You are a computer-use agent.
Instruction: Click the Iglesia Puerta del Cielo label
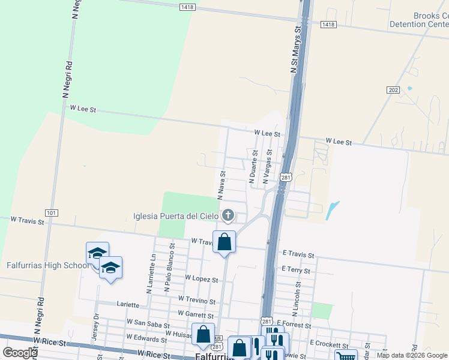click(x=175, y=215)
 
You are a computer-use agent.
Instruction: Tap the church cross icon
click(x=228, y=215)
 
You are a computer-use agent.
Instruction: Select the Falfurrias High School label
click(x=47, y=265)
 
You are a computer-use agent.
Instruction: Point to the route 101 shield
click(x=51, y=213)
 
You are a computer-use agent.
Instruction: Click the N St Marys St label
click(x=295, y=50)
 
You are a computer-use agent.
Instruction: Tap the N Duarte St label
click(x=253, y=167)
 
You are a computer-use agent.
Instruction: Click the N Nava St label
click(x=221, y=184)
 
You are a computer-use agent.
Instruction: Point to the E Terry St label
click(x=296, y=270)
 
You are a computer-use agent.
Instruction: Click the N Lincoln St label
click(x=296, y=301)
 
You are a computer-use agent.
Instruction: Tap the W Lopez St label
click(x=201, y=278)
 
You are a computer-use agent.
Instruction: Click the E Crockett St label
click(x=329, y=345)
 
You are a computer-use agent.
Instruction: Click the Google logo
click(x=20, y=352)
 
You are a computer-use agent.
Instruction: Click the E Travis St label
click(x=298, y=254)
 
